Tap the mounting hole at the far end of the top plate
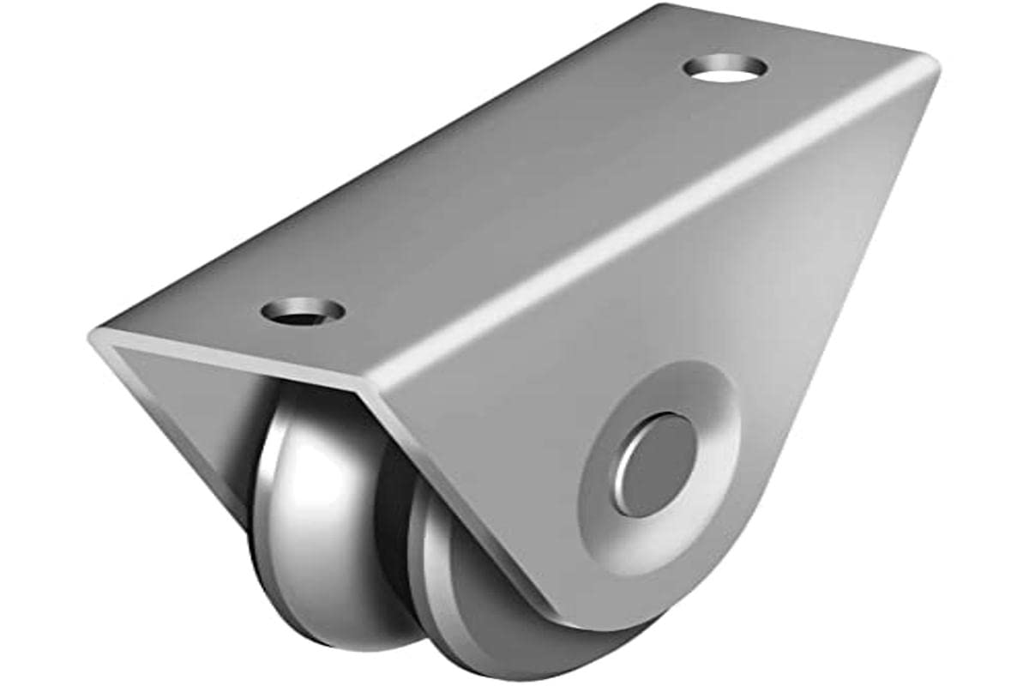tap(725, 68)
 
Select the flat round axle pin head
tap(655, 464)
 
